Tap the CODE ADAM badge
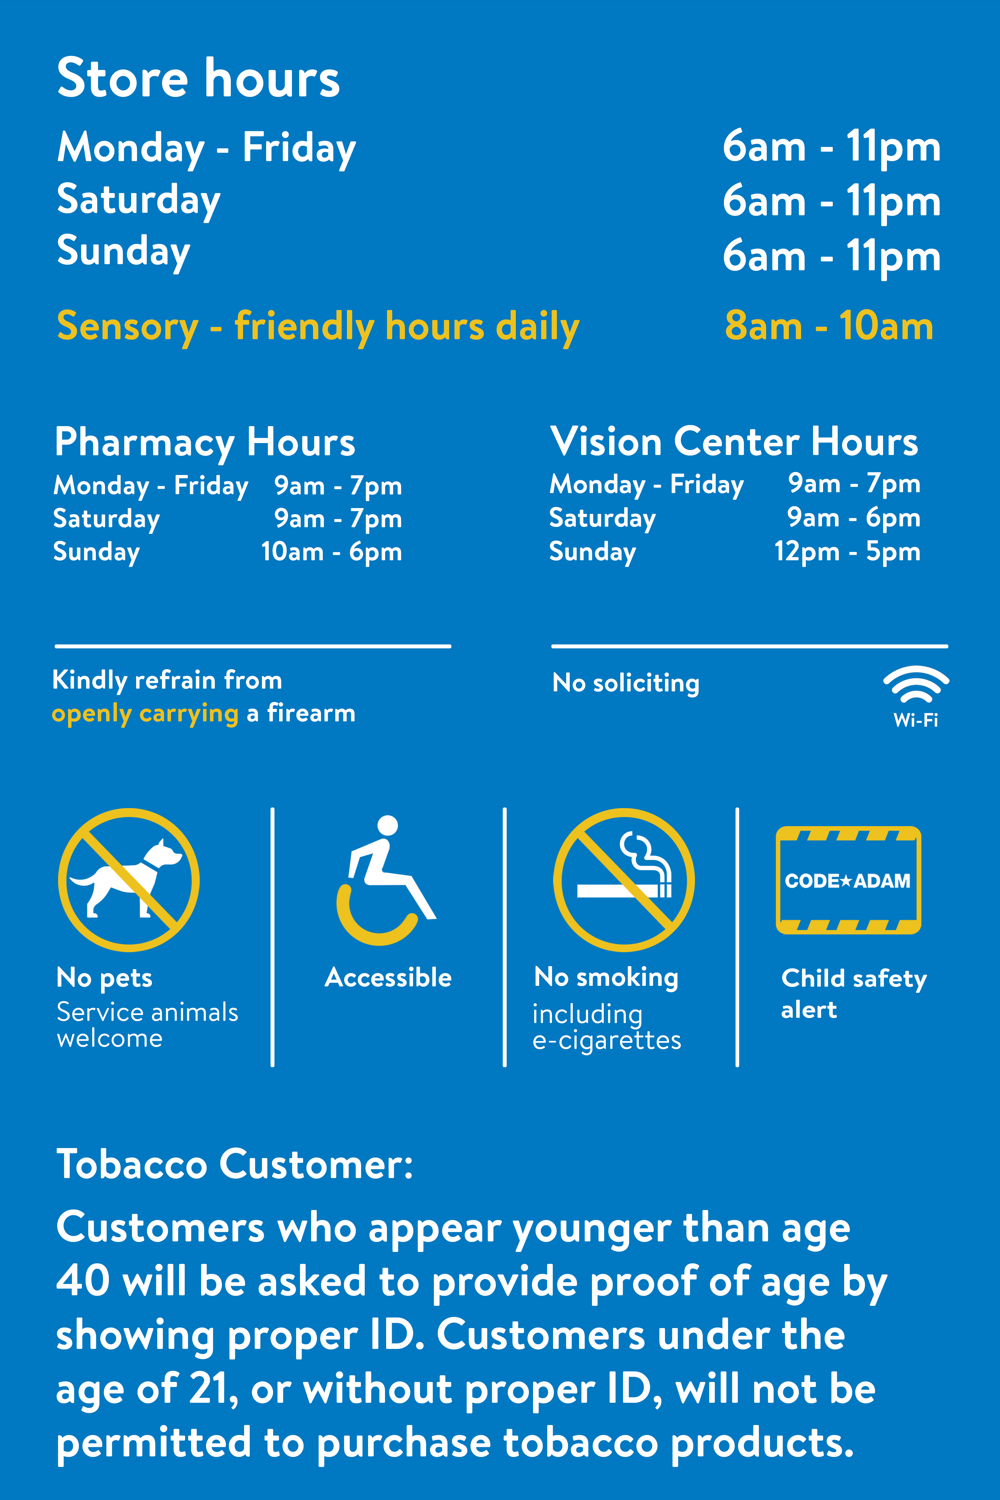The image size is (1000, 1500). (848, 880)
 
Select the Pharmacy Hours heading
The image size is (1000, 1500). (205, 442)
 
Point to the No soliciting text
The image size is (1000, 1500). (626, 683)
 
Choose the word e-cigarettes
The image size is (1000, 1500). (606, 1040)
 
